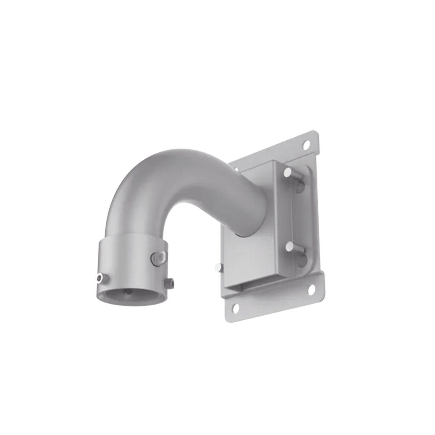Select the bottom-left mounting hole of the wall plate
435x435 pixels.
tap(236, 307)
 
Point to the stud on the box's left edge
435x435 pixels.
tap(218, 267)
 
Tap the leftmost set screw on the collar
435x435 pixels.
tap(101, 278)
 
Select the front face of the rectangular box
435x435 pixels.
tap(246, 255)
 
